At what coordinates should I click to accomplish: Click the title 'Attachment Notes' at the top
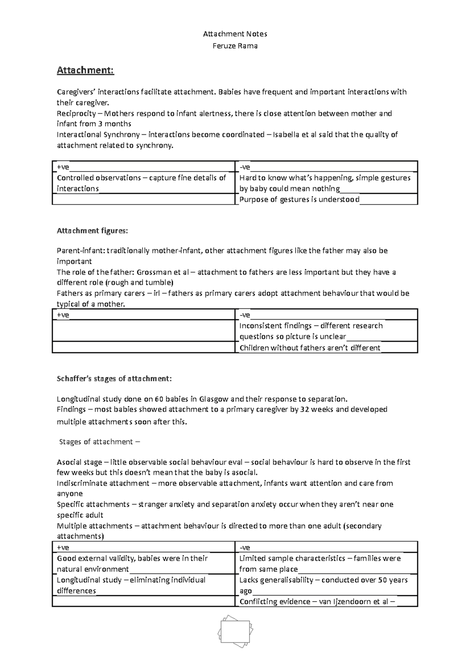pyautogui.click(x=235, y=34)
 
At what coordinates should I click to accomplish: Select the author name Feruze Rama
pyautogui.click(x=235, y=46)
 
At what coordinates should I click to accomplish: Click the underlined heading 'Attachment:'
pyautogui.click(x=85, y=70)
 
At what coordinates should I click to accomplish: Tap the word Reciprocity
pyautogui.click(x=76, y=114)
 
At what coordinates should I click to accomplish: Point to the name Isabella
pyautogui.click(x=287, y=135)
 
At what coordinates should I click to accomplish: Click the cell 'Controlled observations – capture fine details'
pyautogui.click(x=141, y=183)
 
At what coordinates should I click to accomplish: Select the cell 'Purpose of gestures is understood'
pyautogui.click(x=300, y=199)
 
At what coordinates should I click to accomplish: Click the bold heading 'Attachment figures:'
pyautogui.click(x=92, y=231)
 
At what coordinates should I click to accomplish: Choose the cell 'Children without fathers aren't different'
pyautogui.click(x=309, y=348)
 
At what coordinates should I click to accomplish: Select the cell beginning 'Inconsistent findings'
pyautogui.click(x=311, y=331)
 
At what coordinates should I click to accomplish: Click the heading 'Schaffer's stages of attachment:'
pyautogui.click(x=114, y=379)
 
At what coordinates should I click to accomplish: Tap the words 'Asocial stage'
pyautogui.click(x=80, y=462)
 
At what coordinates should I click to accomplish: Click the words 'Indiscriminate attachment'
pyautogui.click(x=103, y=483)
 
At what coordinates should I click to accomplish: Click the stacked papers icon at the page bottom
pyautogui.click(x=235, y=631)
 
